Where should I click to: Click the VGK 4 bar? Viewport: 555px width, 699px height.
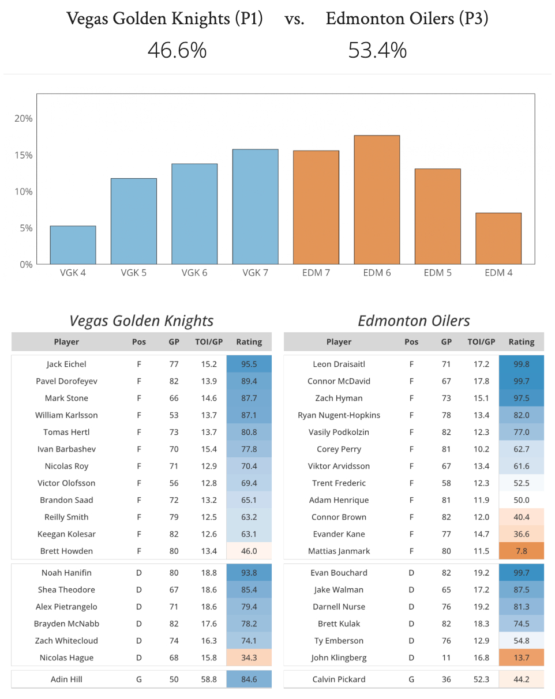73,245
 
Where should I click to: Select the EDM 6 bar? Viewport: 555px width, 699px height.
377,200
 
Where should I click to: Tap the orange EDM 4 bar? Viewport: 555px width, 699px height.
498,238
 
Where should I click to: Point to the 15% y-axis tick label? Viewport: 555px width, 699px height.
24,155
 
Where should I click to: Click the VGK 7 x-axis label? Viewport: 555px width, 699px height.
256,273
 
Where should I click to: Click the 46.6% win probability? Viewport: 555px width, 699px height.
177,51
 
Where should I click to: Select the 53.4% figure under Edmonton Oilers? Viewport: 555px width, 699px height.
377,51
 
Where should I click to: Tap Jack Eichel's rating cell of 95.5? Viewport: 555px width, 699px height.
249,364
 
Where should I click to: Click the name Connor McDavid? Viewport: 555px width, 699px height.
339,381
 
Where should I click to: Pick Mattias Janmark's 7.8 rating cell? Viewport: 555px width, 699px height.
522,551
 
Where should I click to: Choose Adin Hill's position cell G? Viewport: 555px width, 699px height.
139,679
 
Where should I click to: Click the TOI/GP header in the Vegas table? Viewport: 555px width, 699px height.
209,342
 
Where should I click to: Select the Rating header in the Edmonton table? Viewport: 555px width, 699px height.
522,342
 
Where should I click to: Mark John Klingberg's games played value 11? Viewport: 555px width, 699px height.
447,657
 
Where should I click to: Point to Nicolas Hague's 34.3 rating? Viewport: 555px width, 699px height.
249,657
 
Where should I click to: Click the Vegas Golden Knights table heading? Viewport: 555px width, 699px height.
141,321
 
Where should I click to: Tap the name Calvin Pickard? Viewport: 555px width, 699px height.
339,679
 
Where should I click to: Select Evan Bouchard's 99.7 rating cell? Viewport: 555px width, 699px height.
522,573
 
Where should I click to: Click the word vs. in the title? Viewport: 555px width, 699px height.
294,20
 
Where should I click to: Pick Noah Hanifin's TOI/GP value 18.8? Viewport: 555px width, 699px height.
209,573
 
